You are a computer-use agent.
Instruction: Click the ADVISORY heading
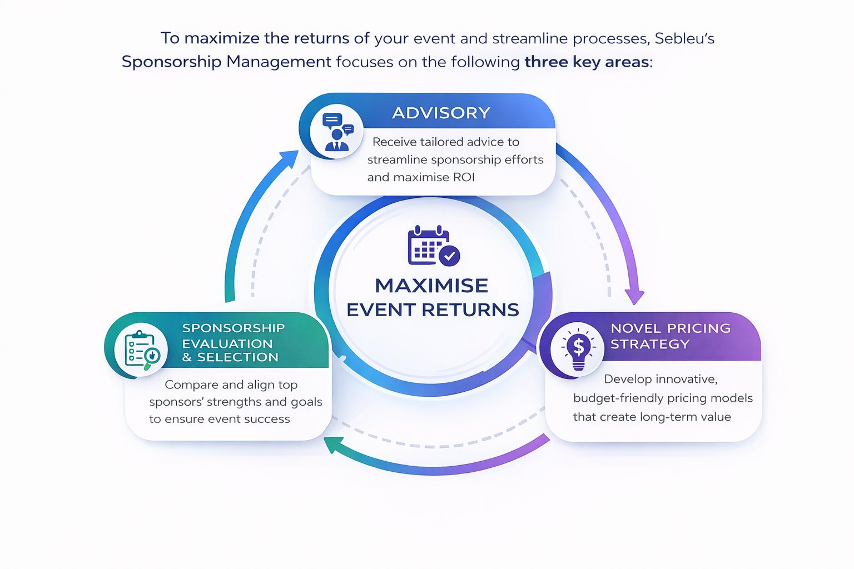(441, 113)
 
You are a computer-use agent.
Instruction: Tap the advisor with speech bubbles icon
(336, 132)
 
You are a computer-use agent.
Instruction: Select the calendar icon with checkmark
(433, 246)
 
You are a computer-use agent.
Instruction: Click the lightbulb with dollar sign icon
(578, 349)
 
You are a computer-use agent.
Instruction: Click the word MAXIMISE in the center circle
(431, 286)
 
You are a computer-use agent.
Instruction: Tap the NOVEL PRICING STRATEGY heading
(670, 336)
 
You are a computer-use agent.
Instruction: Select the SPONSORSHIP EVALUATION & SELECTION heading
(233, 342)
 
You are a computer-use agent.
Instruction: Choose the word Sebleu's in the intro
(684, 38)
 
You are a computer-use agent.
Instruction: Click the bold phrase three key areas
(587, 62)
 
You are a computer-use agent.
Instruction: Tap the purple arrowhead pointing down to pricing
(634, 297)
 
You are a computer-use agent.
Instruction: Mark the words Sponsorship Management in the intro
(226, 62)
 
